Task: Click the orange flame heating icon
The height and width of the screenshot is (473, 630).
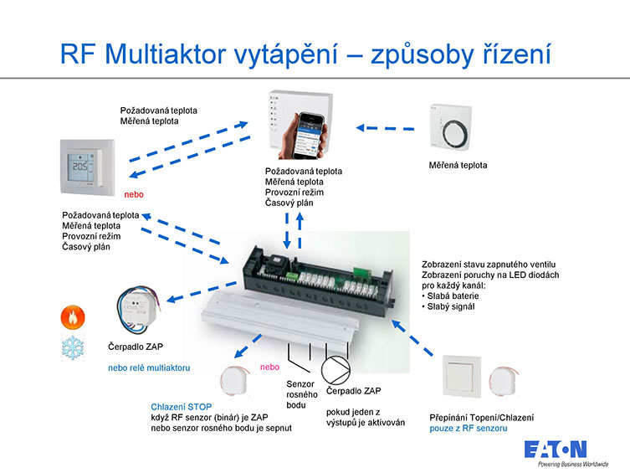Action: click(73, 316)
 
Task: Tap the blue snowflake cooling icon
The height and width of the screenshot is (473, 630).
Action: click(73, 347)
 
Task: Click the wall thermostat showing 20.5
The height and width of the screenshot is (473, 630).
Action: click(88, 167)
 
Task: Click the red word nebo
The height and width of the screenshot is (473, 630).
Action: click(134, 194)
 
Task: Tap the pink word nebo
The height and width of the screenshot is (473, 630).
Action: click(269, 367)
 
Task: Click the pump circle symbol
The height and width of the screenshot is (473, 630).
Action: click(335, 370)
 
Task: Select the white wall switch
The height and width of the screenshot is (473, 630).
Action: click(462, 376)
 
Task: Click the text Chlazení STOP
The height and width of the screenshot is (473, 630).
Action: click(182, 407)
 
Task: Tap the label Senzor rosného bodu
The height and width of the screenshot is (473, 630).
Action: click(301, 394)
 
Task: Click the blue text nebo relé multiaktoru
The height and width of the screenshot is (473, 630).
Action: click(149, 368)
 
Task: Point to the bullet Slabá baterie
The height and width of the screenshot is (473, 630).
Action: click(450, 296)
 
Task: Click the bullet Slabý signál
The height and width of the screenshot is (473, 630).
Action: click(448, 306)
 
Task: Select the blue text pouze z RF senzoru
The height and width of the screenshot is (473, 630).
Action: click(468, 429)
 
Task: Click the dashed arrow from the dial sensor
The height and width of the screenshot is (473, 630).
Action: click(385, 128)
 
